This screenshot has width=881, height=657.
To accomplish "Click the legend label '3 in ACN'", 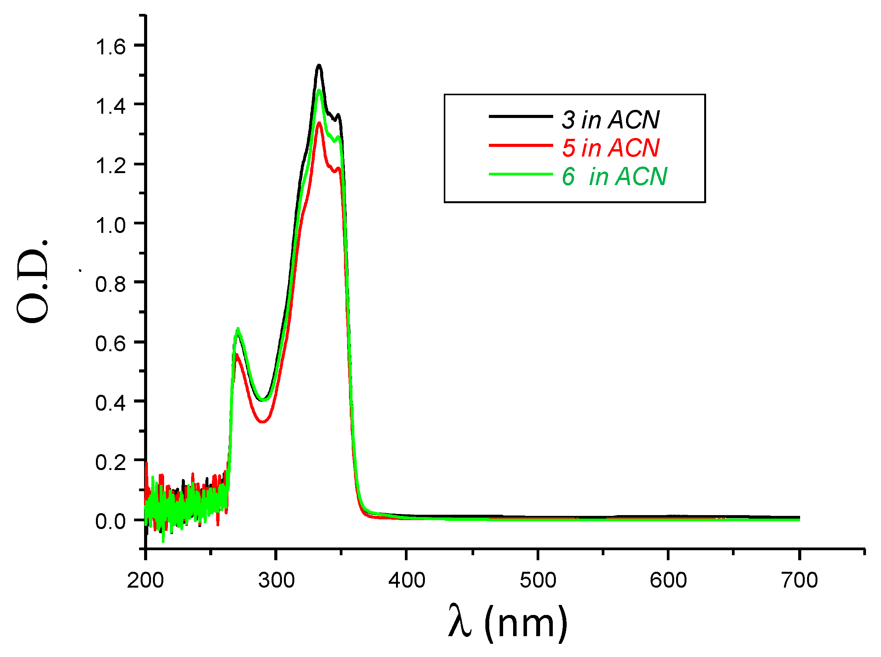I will point(610,119).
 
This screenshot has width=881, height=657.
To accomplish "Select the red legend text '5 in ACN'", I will point(610,148).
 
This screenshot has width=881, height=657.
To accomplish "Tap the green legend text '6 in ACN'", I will point(614,176).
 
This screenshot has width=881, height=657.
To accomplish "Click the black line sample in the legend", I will point(520,116).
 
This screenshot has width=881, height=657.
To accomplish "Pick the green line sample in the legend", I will point(520,174).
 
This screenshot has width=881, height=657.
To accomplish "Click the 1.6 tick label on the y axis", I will point(110,47).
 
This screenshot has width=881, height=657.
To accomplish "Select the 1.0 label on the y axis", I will point(110,226).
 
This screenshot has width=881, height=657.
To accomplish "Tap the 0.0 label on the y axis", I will point(110,521).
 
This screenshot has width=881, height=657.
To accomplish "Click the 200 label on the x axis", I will point(145,580).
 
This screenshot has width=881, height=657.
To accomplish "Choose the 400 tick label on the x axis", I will point(406,580).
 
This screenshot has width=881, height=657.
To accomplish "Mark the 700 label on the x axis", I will point(799,580).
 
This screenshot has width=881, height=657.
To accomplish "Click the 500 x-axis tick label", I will point(538,580).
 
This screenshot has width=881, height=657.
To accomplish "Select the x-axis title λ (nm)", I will point(507,623).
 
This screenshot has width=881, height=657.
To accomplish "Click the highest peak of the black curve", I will point(319,66).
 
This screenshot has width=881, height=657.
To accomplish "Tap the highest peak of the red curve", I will point(319,123).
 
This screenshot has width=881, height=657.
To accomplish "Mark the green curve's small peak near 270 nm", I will point(238,329).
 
